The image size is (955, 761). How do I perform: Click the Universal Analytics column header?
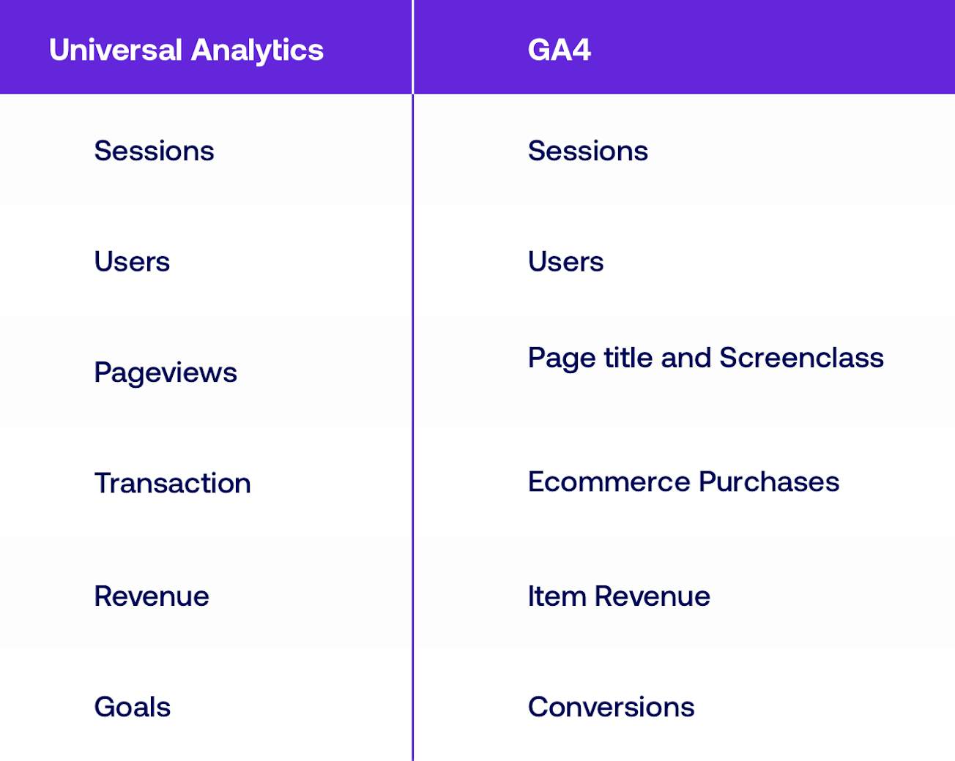click(186, 50)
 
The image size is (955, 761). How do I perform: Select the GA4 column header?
click(559, 50)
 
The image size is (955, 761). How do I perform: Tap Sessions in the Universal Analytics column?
click(154, 151)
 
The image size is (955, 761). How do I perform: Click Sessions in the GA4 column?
click(587, 151)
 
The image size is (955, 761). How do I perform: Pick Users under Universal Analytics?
click(132, 262)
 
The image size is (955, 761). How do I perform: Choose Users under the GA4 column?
click(565, 262)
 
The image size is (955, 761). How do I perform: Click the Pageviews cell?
click(166, 372)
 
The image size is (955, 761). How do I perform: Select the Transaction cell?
click(173, 483)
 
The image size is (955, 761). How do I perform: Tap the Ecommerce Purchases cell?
click(683, 481)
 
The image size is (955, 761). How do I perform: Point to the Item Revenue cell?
click(619, 596)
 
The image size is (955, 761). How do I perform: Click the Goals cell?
click(132, 707)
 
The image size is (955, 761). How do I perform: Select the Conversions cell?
click(611, 707)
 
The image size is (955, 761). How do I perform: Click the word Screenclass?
click(801, 358)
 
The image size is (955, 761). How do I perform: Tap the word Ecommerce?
click(609, 481)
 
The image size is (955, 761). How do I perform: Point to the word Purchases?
click(768, 481)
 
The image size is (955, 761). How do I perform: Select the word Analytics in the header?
click(257, 50)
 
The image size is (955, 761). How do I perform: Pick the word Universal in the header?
click(116, 50)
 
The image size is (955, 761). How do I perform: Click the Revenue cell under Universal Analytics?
click(152, 596)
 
